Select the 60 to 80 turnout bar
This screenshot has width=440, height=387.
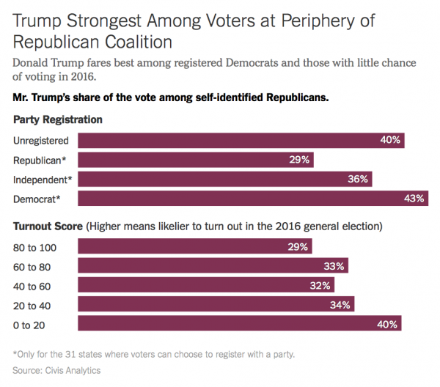pyautogui.click(x=213, y=266)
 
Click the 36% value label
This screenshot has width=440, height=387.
pyautogui.click(x=356, y=179)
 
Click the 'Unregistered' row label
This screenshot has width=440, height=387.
pyautogui.click(x=41, y=141)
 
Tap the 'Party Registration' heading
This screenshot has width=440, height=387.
pyautogui.click(x=57, y=119)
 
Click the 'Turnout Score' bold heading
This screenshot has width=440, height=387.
pyautogui.click(x=48, y=226)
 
